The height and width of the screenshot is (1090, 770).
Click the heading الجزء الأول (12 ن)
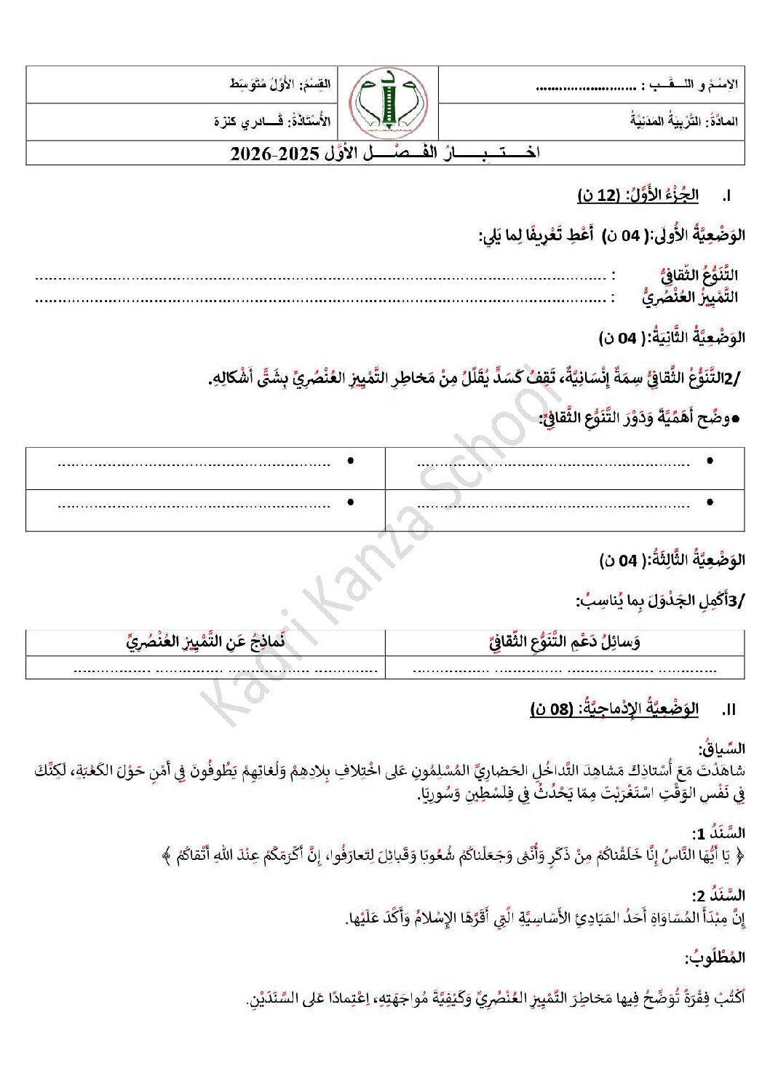[638, 195]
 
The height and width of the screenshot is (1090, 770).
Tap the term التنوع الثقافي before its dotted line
[699, 275]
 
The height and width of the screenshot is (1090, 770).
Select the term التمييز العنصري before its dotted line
[690, 297]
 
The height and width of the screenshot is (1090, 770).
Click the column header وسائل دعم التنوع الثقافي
[565, 642]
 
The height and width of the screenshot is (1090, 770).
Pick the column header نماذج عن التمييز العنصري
[205, 642]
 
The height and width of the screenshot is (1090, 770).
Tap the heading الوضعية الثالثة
[672, 560]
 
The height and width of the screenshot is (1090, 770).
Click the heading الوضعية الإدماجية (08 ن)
[614, 709]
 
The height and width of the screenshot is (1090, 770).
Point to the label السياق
[722, 749]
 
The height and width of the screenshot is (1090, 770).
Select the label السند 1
[718, 833]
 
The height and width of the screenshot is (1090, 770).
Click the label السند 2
[718, 896]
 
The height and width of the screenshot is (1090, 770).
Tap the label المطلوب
[715, 958]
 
